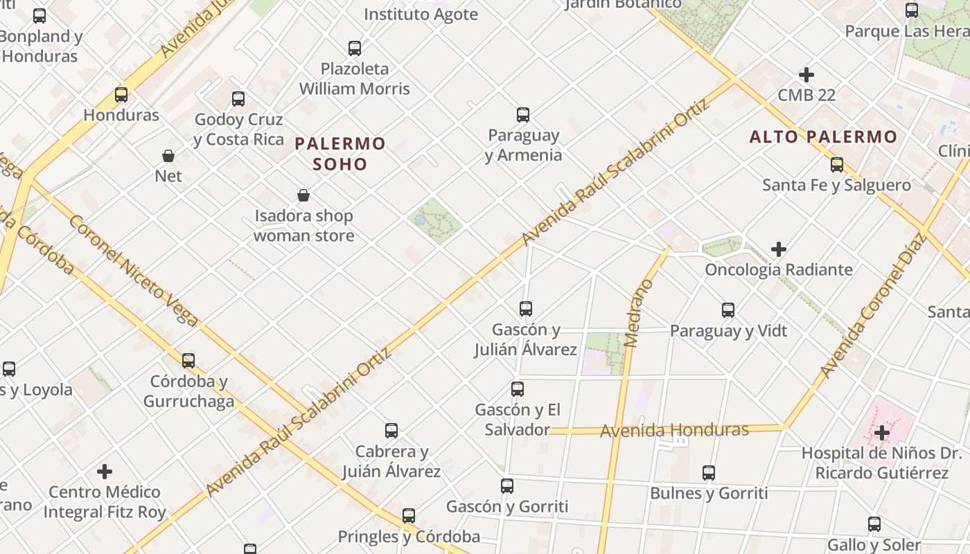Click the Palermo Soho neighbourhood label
pos(339,154)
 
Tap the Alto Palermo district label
pos(823,137)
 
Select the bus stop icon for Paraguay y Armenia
pos(523,115)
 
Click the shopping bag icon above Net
pos(168,156)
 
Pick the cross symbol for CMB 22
pos(806,75)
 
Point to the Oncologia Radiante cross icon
pos(779,249)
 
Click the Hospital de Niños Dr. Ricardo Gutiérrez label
pos(881,463)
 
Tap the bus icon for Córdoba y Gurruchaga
pos(188,361)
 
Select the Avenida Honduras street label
pos(674,430)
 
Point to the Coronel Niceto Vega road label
pos(134,271)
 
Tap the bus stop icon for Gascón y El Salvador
pos(518,389)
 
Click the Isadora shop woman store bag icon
pos(303,196)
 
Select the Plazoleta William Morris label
pos(355,79)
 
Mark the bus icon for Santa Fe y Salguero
pos(837,165)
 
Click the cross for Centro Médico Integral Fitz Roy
pos(105,472)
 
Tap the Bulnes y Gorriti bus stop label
pos(709,493)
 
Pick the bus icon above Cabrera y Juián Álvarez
pos(391,431)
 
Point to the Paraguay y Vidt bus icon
pos(728,310)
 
